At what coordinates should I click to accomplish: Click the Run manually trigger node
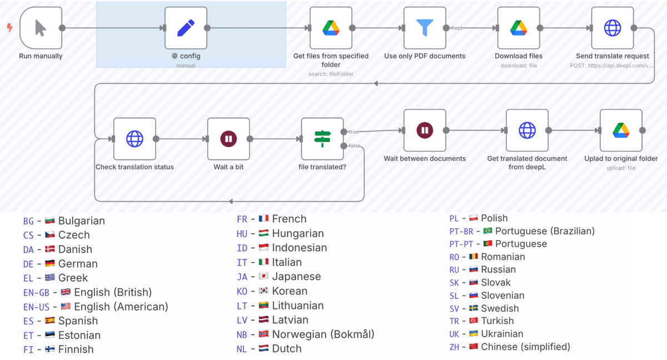[x=41, y=28]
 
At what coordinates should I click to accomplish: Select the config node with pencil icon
[x=186, y=28]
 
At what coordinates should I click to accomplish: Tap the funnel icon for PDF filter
[x=425, y=28]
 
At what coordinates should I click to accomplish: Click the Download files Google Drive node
[x=519, y=28]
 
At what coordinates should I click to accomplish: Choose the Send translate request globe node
[x=613, y=28]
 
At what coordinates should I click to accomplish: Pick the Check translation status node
[x=135, y=139]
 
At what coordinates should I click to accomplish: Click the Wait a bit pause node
[x=228, y=139]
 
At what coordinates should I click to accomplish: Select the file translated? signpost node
[x=322, y=139]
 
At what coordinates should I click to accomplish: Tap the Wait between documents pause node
[x=425, y=131]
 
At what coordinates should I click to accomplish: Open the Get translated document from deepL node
[x=527, y=131]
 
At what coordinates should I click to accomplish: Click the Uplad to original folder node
[x=621, y=131]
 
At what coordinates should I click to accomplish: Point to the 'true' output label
[x=354, y=132]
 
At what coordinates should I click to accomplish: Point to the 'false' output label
[x=354, y=146]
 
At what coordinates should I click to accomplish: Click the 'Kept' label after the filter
[x=456, y=28]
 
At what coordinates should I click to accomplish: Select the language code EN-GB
[x=36, y=293]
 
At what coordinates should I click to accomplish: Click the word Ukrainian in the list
[x=502, y=334]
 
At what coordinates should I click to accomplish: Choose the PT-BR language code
[x=462, y=231]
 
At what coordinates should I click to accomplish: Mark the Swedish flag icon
[x=473, y=309]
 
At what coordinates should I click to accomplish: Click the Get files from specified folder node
[x=331, y=28]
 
